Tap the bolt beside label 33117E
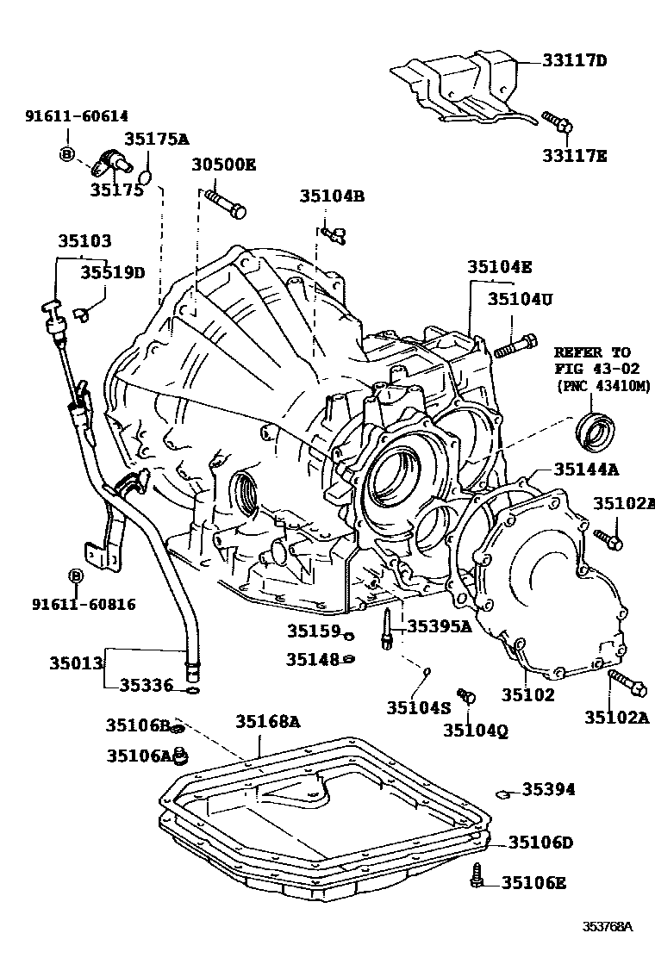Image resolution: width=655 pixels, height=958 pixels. click(x=556, y=123)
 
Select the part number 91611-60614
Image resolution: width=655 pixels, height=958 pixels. click(x=65, y=116)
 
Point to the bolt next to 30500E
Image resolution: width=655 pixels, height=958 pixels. click(x=225, y=203)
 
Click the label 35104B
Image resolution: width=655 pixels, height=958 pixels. click(x=333, y=196)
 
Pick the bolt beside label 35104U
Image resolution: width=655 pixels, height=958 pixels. click(x=515, y=347)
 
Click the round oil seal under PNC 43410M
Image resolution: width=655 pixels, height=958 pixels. click(x=595, y=431)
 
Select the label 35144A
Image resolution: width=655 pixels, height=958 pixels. click(x=586, y=469)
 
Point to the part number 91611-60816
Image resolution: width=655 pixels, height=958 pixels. click(x=75, y=605)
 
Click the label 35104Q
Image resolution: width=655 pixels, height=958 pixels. click(x=476, y=731)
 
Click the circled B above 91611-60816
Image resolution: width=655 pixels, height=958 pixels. click(x=75, y=575)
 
